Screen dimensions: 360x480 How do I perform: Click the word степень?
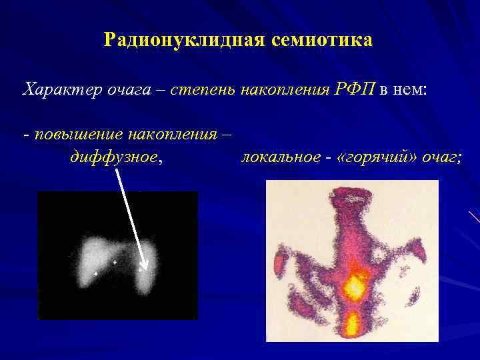pos(200,89)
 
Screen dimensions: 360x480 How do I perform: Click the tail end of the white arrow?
pos(117,169)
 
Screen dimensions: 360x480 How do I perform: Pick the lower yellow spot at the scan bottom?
pos(351,325)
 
